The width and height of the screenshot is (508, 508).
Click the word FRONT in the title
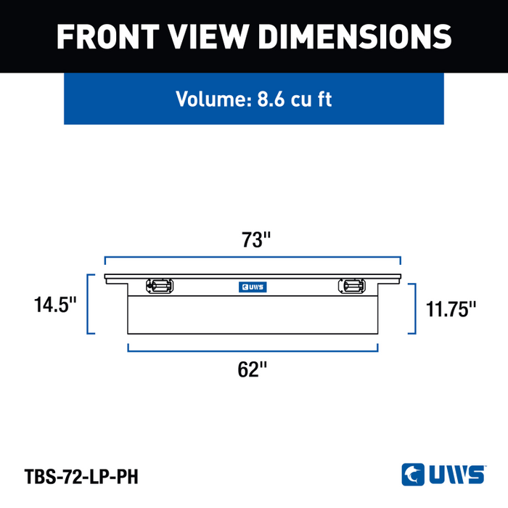pyautogui.click(x=108, y=36)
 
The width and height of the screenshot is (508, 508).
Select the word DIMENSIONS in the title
pyautogui.click(x=355, y=36)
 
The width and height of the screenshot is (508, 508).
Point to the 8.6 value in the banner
pyautogui.click(x=271, y=99)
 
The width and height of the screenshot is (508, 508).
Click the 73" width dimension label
pyautogui.click(x=255, y=239)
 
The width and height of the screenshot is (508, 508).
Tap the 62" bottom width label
pyautogui.click(x=252, y=369)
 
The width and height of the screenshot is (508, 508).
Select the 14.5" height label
pyautogui.click(x=55, y=305)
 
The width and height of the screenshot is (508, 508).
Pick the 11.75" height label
pyautogui.click(x=451, y=309)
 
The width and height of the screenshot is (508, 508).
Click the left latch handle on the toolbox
pyautogui.click(x=160, y=286)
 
